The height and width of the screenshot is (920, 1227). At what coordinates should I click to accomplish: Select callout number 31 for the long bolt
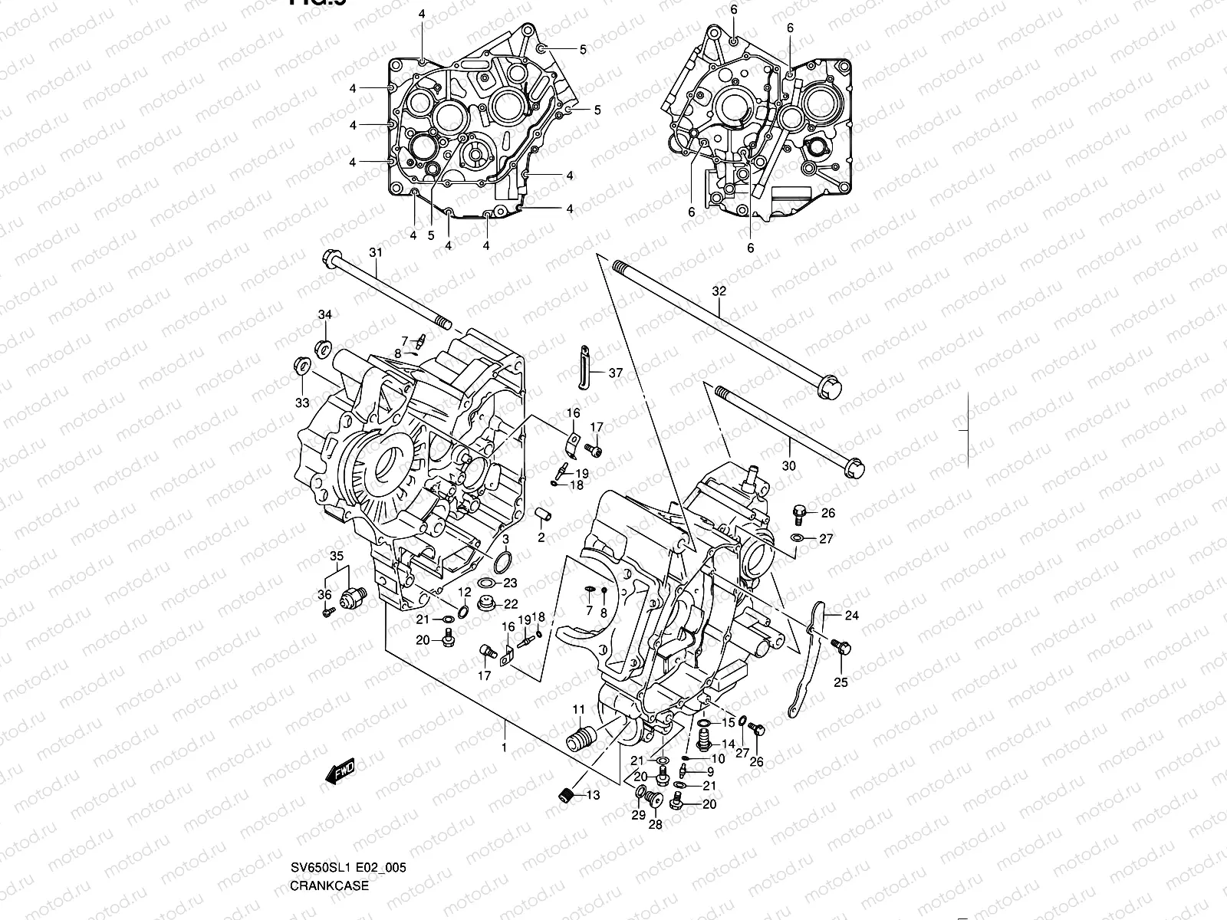(375, 252)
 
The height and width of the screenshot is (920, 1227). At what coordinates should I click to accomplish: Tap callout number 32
(719, 291)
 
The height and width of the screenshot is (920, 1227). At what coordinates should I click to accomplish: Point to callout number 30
(789, 465)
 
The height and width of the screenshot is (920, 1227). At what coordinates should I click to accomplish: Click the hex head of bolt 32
(830, 386)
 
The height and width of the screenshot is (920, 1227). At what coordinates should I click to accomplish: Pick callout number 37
(616, 373)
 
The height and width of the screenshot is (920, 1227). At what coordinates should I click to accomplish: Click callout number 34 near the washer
(325, 315)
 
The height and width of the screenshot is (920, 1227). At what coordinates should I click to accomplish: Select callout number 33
(303, 402)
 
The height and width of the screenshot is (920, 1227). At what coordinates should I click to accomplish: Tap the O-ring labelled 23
(503, 564)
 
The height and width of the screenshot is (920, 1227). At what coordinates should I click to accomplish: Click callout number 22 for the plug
(511, 604)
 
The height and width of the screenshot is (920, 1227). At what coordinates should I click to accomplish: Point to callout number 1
(504, 747)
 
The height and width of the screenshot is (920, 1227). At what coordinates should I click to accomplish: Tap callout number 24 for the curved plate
(852, 615)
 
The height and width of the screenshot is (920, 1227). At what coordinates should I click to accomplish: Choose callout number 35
(337, 556)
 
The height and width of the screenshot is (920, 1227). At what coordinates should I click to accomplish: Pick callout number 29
(638, 815)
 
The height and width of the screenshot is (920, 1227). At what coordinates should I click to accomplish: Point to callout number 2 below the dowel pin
(541, 537)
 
